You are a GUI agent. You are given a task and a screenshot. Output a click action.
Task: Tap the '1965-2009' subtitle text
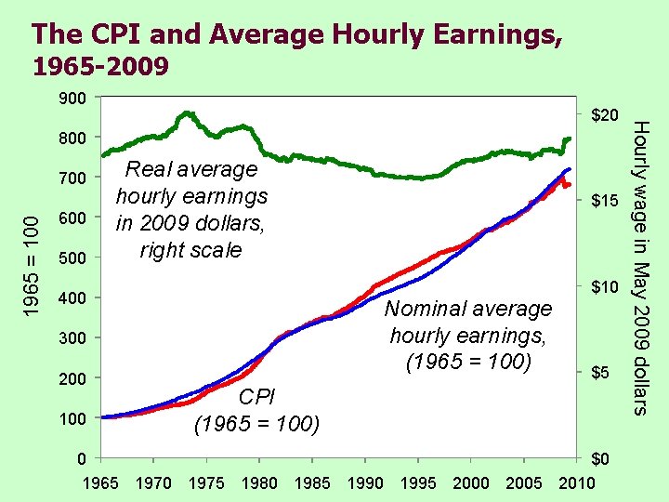(100, 67)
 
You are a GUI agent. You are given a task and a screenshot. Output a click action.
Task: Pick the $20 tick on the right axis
(603, 116)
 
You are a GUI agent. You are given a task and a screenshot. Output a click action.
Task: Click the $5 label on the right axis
(603, 373)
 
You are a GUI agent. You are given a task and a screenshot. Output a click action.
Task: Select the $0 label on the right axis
(603, 459)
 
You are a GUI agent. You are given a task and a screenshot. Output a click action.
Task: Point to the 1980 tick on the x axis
(258, 482)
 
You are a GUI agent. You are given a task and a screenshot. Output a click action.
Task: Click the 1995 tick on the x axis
(418, 482)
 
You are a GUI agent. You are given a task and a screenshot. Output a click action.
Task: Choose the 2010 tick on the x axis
(577, 482)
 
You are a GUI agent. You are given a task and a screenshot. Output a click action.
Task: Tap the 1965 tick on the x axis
(100, 482)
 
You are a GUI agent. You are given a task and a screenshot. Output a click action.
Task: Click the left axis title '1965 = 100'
(31, 258)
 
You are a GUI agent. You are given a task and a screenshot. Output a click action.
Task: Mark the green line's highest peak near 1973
(187, 113)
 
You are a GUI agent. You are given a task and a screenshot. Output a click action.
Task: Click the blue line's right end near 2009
(569, 169)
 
